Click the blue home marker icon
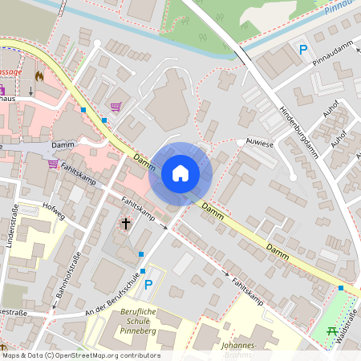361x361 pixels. click(x=180, y=173)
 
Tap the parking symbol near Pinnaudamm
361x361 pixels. click(x=302, y=50)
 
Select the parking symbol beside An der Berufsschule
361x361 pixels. click(x=148, y=285)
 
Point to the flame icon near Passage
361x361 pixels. click(x=39, y=76)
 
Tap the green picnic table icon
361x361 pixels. click(x=331, y=330)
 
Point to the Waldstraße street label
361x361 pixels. click(x=347, y=333)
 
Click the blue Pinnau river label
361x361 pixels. click(x=341, y=10)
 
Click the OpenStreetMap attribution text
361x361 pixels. click(x=80, y=355)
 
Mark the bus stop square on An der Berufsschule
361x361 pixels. click(x=141, y=254)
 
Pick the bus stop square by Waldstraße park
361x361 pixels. click(x=341, y=287)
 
